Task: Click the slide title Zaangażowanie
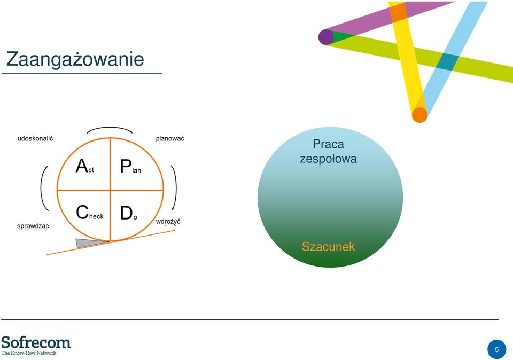tap(75, 59)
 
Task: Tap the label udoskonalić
tap(35, 138)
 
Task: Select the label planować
tap(170, 139)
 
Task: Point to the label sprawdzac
tap(33, 226)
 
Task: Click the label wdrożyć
tap(168, 221)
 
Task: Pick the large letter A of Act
tap(82, 166)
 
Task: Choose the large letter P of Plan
tap(126, 166)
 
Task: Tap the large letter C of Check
tap(82, 212)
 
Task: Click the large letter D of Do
tap(126, 213)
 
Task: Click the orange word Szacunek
tap(328, 247)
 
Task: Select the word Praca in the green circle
tap(328, 144)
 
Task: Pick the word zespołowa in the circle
tap(328, 159)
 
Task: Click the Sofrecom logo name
tap(36, 342)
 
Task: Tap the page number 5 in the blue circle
tap(496, 349)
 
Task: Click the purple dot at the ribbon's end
tap(326, 37)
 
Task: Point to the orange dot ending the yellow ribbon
tap(420, 115)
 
